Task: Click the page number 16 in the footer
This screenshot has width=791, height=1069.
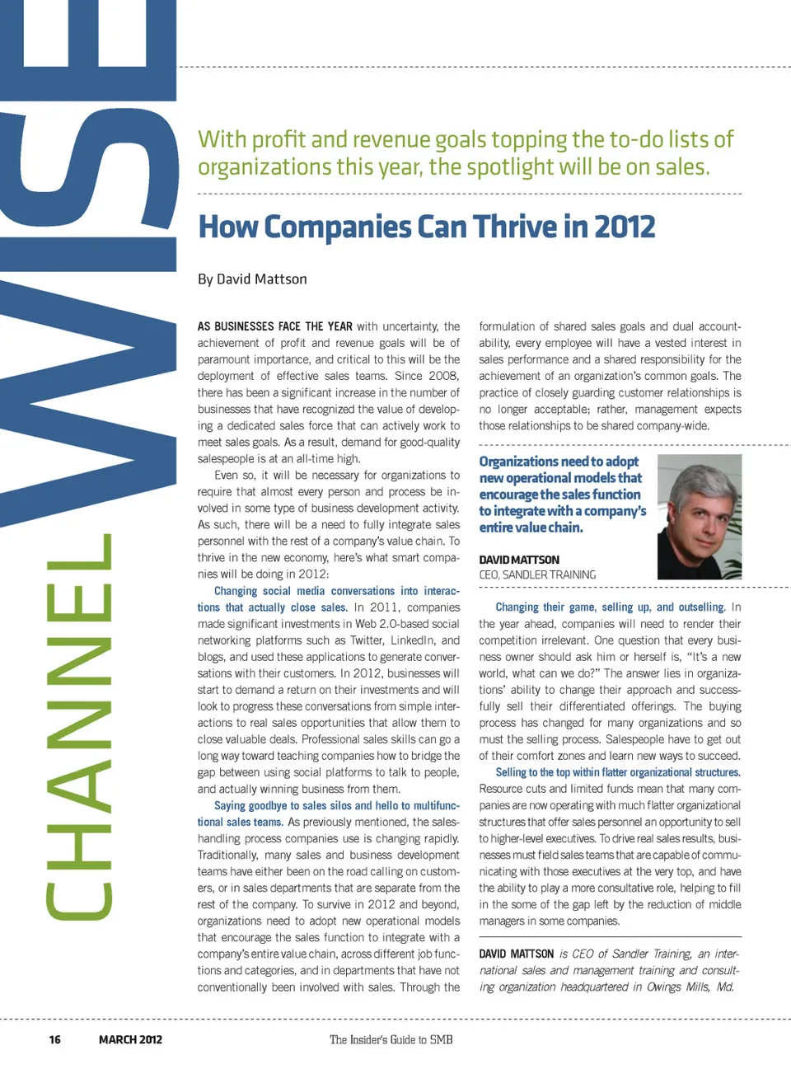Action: [x=54, y=1039]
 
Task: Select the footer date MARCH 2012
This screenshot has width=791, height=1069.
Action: [x=130, y=1039]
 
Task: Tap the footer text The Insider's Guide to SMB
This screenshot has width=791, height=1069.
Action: [x=391, y=1039]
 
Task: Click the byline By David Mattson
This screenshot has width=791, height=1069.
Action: [x=252, y=279]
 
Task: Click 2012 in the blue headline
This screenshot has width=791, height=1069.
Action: [x=624, y=227]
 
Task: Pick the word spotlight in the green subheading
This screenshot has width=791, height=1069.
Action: [x=510, y=167]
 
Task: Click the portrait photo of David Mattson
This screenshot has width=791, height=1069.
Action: [x=699, y=517]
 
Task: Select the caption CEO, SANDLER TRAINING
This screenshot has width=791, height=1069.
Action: [x=537, y=574]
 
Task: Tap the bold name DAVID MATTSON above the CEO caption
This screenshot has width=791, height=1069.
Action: [x=519, y=560]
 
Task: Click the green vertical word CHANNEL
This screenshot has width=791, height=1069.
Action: [x=78, y=725]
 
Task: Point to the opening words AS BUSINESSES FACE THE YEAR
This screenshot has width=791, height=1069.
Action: [x=274, y=326]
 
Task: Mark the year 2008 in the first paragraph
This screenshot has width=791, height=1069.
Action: [x=444, y=376]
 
